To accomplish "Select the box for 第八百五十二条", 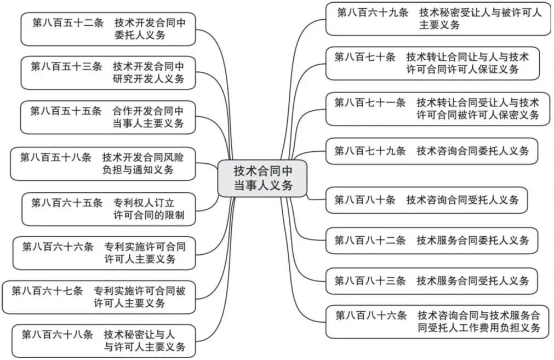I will point(108,29).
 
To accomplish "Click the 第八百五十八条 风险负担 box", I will point(102,163).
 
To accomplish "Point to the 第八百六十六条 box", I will point(104,253).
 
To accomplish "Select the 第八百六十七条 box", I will point(99,296).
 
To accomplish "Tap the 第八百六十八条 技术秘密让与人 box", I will point(104,340).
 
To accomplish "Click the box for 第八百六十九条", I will point(438,19).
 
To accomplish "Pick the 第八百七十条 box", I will point(433,63).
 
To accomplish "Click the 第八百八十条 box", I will point(426,200).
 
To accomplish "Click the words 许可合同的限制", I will point(149,215).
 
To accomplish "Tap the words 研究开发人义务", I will point(149,79).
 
